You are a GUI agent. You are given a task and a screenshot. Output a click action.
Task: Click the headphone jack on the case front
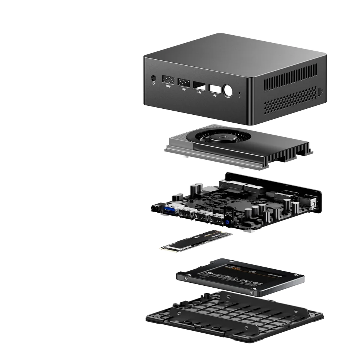[x=153, y=78]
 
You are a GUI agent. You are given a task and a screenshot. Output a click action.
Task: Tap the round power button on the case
[x=227, y=91]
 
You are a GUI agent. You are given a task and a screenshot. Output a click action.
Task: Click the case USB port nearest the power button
[x=214, y=89]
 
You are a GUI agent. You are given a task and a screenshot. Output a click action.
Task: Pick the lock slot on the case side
[x=319, y=91]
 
